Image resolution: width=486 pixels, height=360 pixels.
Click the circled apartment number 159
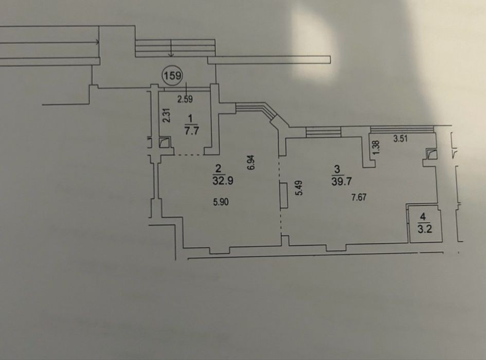pyautogui.click(x=173, y=76)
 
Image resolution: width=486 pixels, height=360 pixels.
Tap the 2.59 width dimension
pyautogui.click(x=185, y=99)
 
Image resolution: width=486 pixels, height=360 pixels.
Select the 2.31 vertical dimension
pyautogui.click(x=167, y=115)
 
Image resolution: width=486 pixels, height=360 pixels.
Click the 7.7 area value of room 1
pyautogui.click(x=191, y=131)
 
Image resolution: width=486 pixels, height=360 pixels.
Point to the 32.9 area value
pyautogui.click(x=223, y=181)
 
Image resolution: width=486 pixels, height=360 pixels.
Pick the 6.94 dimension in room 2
pyautogui.click(x=251, y=162)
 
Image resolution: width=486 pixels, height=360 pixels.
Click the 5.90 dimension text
pyautogui.click(x=221, y=202)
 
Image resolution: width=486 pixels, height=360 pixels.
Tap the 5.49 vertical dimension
pyautogui.click(x=299, y=188)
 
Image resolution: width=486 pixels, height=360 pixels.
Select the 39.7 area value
pyautogui.click(x=341, y=181)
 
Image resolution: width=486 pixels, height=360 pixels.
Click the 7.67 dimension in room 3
pyautogui.click(x=358, y=197)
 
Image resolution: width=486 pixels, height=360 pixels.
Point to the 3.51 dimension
pyautogui.click(x=400, y=139)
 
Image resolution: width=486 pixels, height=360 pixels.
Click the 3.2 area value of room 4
pyautogui.click(x=425, y=229)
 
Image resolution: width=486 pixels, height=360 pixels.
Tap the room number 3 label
pyautogui.click(x=337, y=169)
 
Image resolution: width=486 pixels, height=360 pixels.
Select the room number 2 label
pyautogui.click(x=219, y=169)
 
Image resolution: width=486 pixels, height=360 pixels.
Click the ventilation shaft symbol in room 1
pyautogui.click(x=165, y=143)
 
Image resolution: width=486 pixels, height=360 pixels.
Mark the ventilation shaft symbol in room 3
pyautogui.click(x=432, y=154)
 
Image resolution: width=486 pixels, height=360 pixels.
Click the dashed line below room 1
pyautogui.click(x=189, y=154)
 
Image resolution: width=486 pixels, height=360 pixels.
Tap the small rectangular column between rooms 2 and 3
pyautogui.click(x=283, y=195)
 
